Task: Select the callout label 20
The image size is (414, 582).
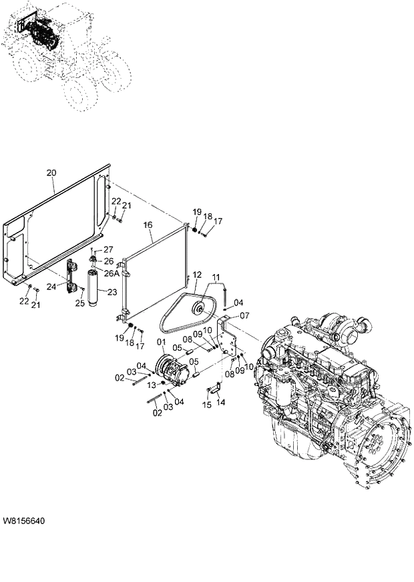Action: tap(51, 173)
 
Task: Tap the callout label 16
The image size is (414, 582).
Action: tap(148, 226)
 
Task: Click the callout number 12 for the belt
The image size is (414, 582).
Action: tap(197, 275)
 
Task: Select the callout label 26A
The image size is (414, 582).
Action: tap(112, 273)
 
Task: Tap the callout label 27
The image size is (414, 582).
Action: tap(108, 249)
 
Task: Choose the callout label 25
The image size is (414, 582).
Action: tap(80, 304)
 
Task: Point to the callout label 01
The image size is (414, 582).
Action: tap(160, 343)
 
